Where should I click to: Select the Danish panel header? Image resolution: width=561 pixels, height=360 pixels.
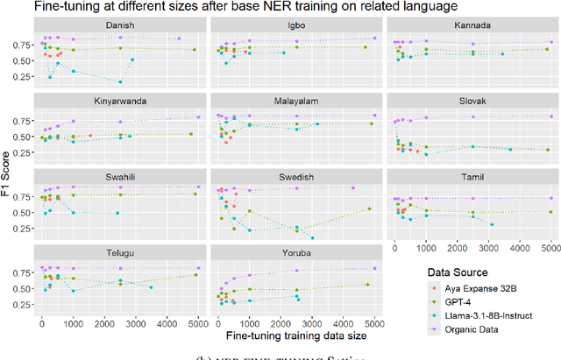(x=119, y=25)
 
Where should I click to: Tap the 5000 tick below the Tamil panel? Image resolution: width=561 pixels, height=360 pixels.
(x=550, y=247)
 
